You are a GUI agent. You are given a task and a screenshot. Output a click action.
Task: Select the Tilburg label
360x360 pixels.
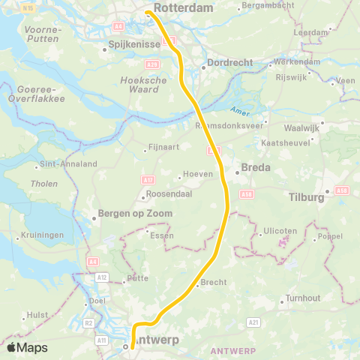pos(305,197)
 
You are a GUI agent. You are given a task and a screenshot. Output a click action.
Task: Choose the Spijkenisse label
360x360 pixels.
pos(135,45)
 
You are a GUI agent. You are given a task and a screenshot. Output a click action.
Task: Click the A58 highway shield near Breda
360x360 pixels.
pos(247,193)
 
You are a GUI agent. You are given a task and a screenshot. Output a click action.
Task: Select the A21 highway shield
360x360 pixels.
pos(253,322)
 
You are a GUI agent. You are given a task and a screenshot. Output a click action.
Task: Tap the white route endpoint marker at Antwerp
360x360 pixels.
pos(126,346)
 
